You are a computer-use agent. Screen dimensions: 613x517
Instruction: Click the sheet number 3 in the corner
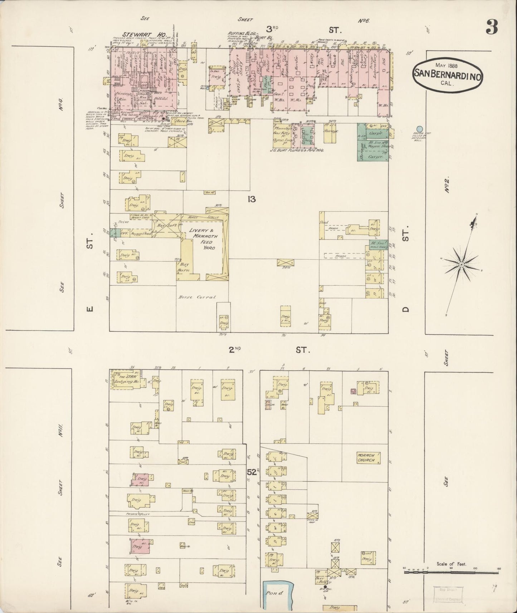pos(492,27)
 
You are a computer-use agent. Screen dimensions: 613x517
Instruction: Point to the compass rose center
pos(461,264)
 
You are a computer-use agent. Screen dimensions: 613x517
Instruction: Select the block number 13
pos(251,199)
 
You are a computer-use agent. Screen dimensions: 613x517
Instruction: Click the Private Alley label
pos(140,514)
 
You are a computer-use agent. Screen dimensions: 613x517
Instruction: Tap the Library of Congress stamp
pos(447,595)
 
